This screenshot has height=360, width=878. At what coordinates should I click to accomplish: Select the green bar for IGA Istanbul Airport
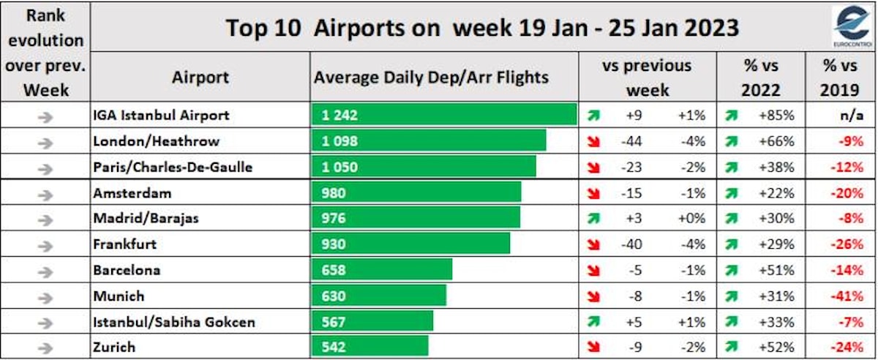(445, 115)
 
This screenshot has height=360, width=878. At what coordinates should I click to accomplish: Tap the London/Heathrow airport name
(157, 141)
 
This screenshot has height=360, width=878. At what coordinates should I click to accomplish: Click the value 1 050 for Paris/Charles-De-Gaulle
(340, 167)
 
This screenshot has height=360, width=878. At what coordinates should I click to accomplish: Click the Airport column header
(200, 77)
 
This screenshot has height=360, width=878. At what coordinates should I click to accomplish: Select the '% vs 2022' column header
(761, 78)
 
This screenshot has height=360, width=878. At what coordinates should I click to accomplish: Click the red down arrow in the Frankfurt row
(593, 245)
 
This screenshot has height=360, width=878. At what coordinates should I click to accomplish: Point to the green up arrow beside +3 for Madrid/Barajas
(593, 219)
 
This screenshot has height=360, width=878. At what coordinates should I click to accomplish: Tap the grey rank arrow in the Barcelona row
(45, 271)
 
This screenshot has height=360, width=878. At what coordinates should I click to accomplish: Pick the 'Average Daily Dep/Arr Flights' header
(431, 77)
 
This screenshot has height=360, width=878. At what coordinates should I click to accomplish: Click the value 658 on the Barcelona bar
(334, 271)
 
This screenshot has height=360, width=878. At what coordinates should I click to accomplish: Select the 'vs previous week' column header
(646, 78)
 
